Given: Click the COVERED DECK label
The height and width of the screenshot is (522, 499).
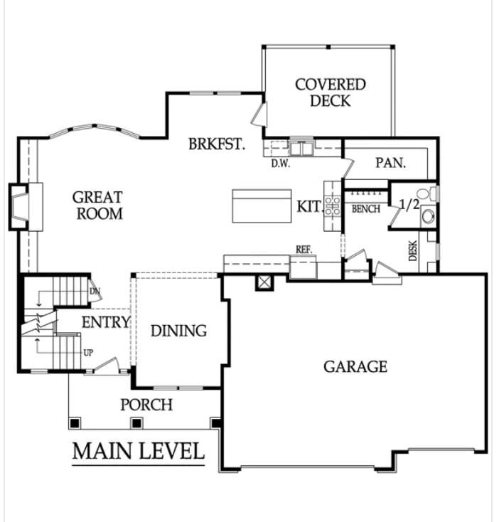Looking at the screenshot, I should [331, 92].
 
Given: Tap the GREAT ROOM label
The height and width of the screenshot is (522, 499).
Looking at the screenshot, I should [97, 205].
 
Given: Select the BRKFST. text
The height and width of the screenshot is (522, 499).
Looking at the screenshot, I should [217, 144].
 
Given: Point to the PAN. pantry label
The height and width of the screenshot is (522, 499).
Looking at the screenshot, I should [390, 163].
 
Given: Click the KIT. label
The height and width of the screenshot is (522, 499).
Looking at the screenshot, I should [309, 206].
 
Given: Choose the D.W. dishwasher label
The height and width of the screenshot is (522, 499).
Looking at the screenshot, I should [279, 163].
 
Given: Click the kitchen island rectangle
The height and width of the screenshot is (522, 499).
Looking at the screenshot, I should [262, 206].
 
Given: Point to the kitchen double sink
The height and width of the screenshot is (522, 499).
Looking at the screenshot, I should [302, 149].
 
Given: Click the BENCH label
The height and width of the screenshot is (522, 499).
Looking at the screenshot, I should [366, 209].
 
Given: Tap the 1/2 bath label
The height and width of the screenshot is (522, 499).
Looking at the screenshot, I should [409, 206].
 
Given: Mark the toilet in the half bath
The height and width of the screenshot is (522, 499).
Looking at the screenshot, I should [424, 193].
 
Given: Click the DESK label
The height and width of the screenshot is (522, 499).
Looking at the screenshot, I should [413, 250].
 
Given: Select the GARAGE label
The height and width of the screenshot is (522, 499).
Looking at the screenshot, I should [355, 366].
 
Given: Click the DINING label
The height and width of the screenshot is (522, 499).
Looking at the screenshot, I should [178, 331].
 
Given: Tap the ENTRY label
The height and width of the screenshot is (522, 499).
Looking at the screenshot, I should [105, 322].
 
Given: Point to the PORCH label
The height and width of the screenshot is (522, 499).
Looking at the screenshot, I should [146, 405].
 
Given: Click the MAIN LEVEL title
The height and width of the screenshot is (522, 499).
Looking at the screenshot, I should [138, 451].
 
